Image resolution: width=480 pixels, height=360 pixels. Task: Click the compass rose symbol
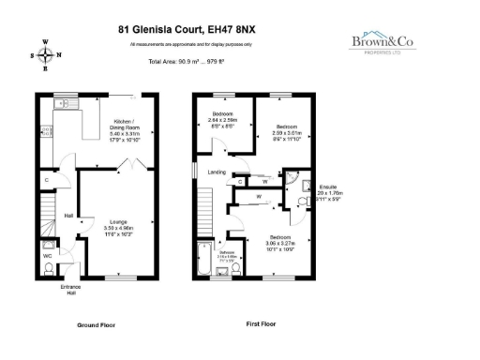point(45,52)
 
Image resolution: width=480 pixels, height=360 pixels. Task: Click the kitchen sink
point(63,104)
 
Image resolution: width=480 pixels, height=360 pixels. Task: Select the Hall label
point(68,217)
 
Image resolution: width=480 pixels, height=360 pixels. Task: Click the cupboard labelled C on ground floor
point(46,179)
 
